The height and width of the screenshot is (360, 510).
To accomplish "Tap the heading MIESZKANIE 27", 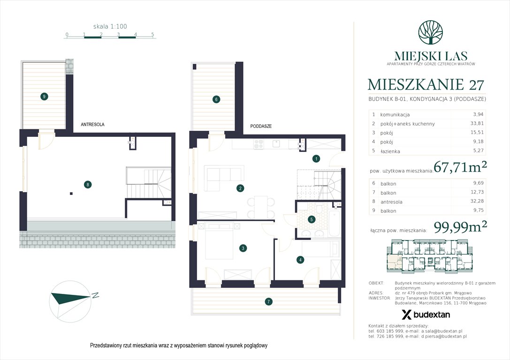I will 426,85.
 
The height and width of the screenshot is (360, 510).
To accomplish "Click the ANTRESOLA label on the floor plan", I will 92,125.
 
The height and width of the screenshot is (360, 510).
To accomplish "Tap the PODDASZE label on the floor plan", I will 261,126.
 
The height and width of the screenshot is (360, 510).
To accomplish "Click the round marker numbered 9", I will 44,97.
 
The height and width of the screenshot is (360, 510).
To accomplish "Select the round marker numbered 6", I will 216,99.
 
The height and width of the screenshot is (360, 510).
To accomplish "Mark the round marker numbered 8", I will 88,185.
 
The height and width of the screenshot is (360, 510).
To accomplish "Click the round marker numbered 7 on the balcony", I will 268,301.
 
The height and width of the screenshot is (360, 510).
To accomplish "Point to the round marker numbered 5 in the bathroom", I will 312,219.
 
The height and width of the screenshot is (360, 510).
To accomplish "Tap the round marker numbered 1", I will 317,158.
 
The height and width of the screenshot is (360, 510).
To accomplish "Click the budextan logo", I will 426,315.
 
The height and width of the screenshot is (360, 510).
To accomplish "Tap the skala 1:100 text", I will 110,27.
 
